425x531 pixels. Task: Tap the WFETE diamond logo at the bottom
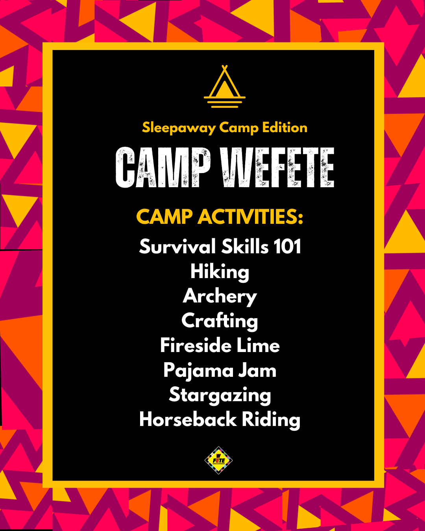tap(218, 460)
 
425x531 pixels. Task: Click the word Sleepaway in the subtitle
tap(179, 128)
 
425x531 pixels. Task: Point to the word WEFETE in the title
tap(277, 168)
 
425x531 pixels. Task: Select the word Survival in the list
tap(177, 247)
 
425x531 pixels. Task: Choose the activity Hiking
tap(220, 272)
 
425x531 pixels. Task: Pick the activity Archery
tap(220, 297)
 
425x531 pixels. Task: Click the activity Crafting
tap(220, 321)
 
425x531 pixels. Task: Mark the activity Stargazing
tap(220, 395)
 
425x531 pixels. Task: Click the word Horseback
tap(188, 419)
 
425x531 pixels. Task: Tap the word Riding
tap(271, 420)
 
